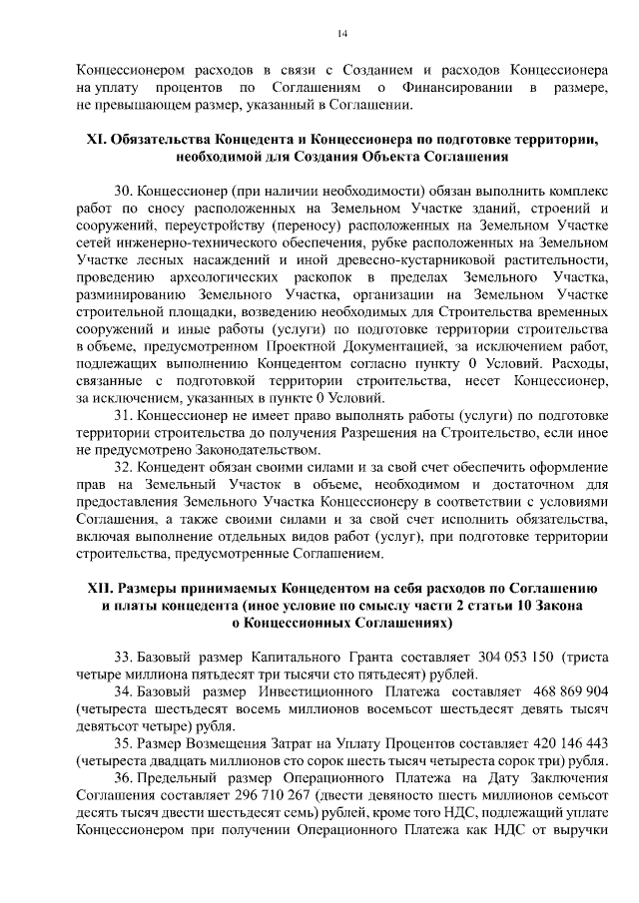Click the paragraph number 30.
click(123, 190)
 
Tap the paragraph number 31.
click(123, 413)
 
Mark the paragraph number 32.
click(123, 466)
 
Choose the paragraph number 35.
click(123, 742)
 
